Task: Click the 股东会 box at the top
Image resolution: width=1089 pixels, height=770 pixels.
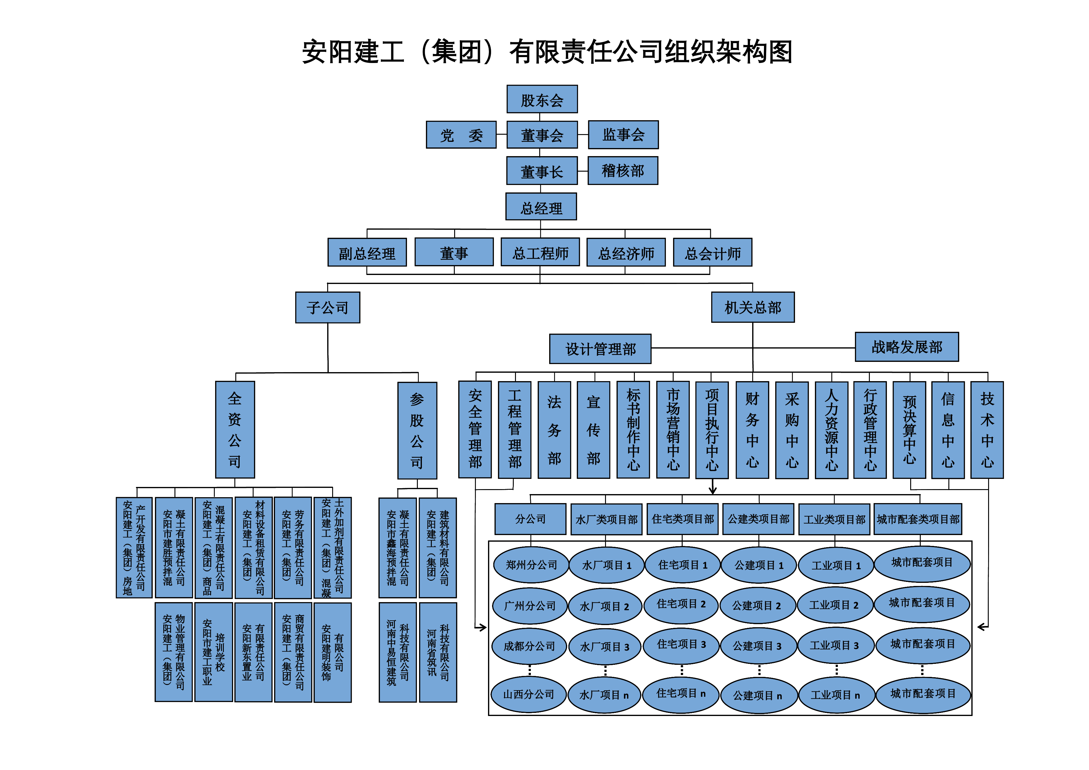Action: click(542, 99)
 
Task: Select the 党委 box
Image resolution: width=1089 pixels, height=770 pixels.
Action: click(461, 135)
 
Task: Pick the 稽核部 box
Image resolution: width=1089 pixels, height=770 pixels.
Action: click(623, 171)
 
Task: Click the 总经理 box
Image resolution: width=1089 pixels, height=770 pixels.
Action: click(541, 207)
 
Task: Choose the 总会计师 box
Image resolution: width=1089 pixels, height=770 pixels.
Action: click(712, 253)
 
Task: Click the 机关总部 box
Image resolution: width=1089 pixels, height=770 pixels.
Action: click(753, 307)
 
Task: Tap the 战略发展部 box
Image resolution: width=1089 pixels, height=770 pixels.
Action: click(906, 347)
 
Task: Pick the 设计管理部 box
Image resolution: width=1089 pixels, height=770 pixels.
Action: click(600, 349)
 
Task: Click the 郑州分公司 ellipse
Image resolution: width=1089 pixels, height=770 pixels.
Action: click(531, 565)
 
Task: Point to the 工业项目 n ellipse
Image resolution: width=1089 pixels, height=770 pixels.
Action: click(836, 695)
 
